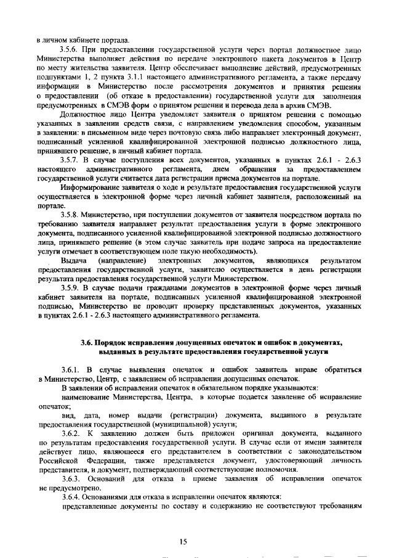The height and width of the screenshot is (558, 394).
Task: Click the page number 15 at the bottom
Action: coord(183,541)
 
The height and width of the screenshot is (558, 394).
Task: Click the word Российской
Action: coord(57,460)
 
